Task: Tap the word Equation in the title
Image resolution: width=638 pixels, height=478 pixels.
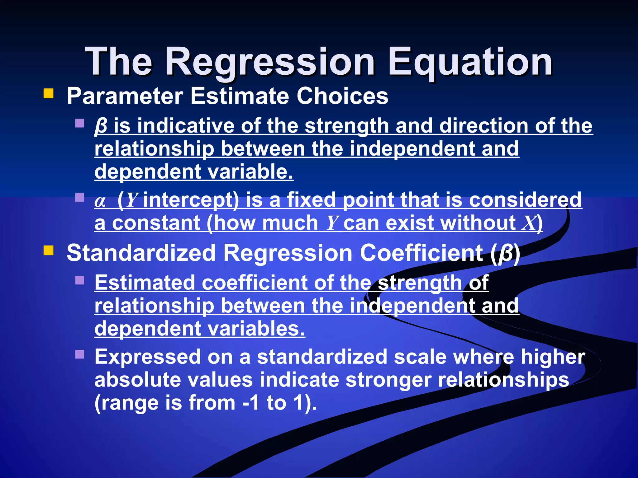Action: pyautogui.click(x=470, y=62)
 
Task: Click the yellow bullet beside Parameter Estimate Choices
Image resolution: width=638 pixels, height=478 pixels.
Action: pyautogui.click(x=49, y=93)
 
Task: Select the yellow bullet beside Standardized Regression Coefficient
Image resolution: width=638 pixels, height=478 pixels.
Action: pyautogui.click(x=49, y=250)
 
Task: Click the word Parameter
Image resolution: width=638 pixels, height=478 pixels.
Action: pyautogui.click(x=125, y=96)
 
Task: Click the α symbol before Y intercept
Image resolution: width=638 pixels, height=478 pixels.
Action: pyautogui.click(x=100, y=201)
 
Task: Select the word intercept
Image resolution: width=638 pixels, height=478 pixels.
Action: pyautogui.click(x=191, y=200)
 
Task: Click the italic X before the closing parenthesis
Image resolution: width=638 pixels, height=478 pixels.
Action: pyautogui.click(x=528, y=223)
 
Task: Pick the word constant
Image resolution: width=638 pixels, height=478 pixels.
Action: pyautogui.click(x=156, y=223)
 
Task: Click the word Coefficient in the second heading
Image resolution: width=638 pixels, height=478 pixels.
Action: pyautogui.click(x=421, y=253)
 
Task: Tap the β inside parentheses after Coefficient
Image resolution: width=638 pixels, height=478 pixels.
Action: pyautogui.click(x=506, y=253)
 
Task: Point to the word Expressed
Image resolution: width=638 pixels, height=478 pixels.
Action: pyautogui.click(x=148, y=357)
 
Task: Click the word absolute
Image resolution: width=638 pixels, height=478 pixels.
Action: pyautogui.click(x=138, y=380)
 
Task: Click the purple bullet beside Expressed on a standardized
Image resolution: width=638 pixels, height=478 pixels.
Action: pyautogui.click(x=80, y=354)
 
